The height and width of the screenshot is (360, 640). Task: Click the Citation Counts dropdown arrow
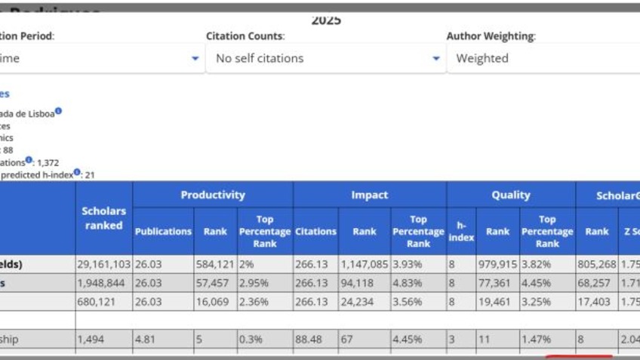(x=435, y=59)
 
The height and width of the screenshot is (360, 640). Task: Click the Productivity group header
(x=213, y=195)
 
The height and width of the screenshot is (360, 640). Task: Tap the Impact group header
(x=369, y=195)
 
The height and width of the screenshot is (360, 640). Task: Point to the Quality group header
(x=511, y=195)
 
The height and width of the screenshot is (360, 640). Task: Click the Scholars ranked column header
(x=103, y=218)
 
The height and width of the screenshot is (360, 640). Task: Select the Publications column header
(x=163, y=231)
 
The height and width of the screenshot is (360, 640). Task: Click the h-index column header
(x=461, y=231)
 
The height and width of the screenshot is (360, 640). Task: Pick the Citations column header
(x=315, y=231)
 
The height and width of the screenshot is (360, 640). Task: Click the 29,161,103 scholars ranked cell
(x=103, y=264)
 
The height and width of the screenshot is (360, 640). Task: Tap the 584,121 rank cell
(x=214, y=264)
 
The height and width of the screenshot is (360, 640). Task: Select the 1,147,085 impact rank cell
(x=364, y=264)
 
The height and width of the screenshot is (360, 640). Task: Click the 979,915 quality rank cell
(x=497, y=264)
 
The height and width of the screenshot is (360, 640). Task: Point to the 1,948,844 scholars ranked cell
(x=103, y=283)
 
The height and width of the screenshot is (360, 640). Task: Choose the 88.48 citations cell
(x=315, y=340)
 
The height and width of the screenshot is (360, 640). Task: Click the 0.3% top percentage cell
(x=264, y=340)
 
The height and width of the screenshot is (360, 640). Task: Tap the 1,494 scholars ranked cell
(x=103, y=340)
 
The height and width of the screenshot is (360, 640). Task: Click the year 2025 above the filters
(x=326, y=20)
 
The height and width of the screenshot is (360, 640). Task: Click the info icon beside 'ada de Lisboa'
(x=58, y=112)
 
